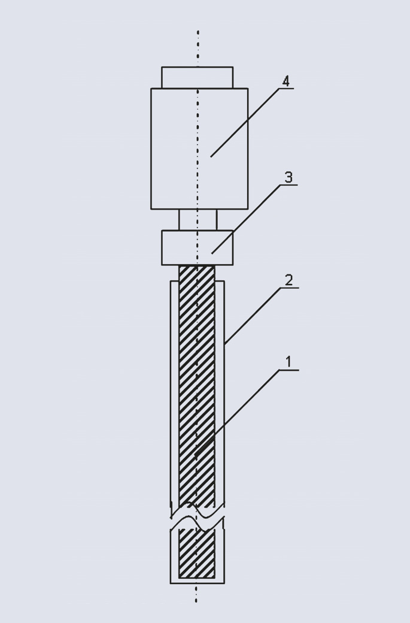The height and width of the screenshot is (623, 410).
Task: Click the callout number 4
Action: (x=286, y=81)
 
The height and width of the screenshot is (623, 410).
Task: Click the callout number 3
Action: (x=288, y=177)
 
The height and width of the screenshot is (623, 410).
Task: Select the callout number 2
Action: (x=289, y=280)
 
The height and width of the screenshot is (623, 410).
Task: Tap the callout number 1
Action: (x=289, y=362)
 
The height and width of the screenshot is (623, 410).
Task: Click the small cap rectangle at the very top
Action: (x=198, y=77)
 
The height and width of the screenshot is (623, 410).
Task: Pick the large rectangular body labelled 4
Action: (x=199, y=149)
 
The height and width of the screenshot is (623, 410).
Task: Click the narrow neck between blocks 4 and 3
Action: (x=198, y=220)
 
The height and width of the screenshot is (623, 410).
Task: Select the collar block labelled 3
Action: (x=198, y=247)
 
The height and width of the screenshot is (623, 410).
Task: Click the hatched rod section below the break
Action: (x=197, y=553)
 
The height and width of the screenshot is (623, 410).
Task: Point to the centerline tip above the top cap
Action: (x=198, y=31)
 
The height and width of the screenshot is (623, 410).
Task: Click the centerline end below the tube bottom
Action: (x=196, y=601)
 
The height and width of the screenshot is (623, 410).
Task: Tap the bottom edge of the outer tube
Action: (x=198, y=583)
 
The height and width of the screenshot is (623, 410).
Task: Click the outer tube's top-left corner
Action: (x=170, y=282)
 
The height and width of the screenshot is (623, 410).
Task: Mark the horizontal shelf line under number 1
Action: (x=289, y=370)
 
